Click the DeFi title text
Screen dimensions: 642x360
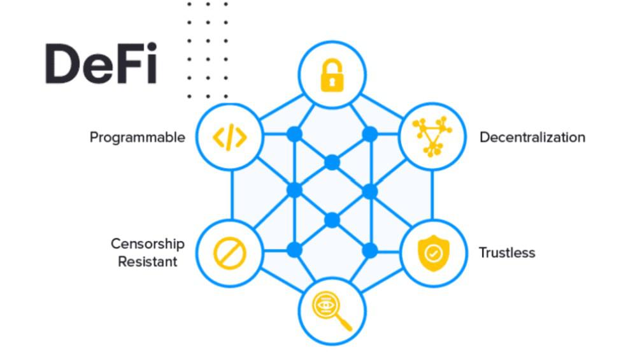click(101, 64)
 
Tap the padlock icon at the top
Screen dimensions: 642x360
click(332, 75)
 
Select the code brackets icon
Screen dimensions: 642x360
click(230, 136)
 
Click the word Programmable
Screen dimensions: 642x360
click(137, 137)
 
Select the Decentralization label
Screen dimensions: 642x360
click(532, 137)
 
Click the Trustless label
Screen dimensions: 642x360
click(507, 253)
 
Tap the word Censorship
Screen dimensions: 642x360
click(148, 244)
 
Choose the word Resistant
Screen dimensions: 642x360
click(148, 261)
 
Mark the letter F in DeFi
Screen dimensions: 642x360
click(127, 64)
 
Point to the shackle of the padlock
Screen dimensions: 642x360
click(332, 66)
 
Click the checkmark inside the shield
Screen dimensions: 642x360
click(432, 254)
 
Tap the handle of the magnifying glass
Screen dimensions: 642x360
click(345, 324)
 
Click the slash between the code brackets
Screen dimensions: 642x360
click(230, 136)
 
